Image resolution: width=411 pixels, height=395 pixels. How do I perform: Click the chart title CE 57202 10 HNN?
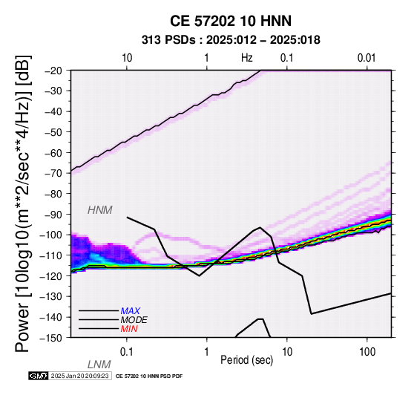tap(231, 21)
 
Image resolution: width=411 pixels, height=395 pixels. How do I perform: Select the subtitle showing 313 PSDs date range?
tap(231, 40)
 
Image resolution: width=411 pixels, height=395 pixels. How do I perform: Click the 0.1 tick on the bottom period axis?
tap(126, 352)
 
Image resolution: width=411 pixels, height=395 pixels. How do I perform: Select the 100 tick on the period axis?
tap(367, 352)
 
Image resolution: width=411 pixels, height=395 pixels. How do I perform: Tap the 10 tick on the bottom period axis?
tap(287, 352)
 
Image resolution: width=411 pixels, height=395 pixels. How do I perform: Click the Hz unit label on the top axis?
tap(246, 58)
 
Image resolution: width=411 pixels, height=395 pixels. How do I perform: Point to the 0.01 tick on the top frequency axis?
tap(366, 58)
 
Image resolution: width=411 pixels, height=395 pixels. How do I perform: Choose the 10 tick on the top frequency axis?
tap(127, 58)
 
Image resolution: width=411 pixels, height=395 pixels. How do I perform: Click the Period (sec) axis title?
tap(246, 360)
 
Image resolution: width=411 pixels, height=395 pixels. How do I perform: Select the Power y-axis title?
tap(23, 203)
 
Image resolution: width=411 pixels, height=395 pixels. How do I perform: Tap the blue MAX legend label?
tap(131, 311)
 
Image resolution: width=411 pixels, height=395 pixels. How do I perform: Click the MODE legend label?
tap(134, 320)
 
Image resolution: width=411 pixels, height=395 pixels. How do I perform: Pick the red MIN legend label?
tap(129, 329)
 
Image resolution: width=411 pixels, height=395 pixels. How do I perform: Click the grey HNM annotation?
tap(100, 210)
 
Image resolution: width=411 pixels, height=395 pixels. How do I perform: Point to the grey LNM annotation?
tap(99, 365)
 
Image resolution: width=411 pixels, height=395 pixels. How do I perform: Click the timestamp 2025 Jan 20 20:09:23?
tap(79, 376)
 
